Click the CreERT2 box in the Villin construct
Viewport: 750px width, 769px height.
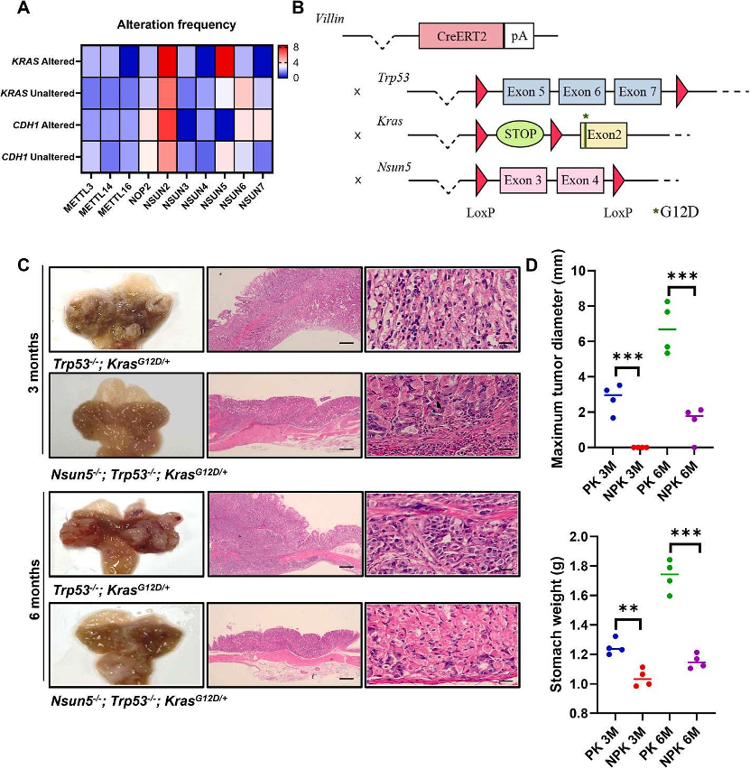pos(461,36)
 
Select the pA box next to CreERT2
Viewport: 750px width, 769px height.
pos(519,36)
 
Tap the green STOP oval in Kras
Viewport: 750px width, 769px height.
pos(520,134)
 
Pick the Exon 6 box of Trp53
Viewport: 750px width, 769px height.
pos(582,92)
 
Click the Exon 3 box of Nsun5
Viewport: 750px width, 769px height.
pos(523,180)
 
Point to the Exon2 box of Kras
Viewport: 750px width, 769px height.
pos(604,134)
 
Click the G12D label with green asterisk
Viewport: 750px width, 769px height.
pos(676,212)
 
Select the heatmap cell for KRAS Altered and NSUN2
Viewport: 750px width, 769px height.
pos(167,61)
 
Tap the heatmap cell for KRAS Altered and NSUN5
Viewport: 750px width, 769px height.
pos(225,61)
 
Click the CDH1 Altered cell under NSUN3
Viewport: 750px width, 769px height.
pos(187,125)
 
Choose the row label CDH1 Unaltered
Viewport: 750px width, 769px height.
pos(38,157)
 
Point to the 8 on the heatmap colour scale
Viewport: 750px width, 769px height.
pos(295,48)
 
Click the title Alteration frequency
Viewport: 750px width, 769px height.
pos(176,24)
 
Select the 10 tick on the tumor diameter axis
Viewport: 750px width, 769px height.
pos(581,271)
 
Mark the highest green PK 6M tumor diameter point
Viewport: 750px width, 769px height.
pos(667,301)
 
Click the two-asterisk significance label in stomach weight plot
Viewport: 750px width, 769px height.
pos(628,609)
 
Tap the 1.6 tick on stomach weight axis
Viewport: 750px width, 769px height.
pos(579,596)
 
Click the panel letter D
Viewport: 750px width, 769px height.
pos(532,265)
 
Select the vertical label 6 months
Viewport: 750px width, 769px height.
pos(34,588)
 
